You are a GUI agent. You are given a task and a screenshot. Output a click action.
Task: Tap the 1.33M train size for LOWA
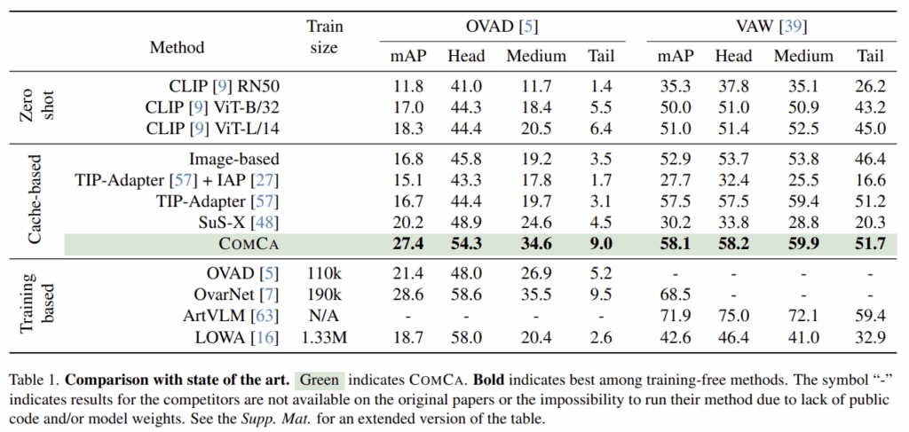pos(323,335)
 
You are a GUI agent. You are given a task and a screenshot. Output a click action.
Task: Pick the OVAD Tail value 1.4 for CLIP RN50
pos(601,88)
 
